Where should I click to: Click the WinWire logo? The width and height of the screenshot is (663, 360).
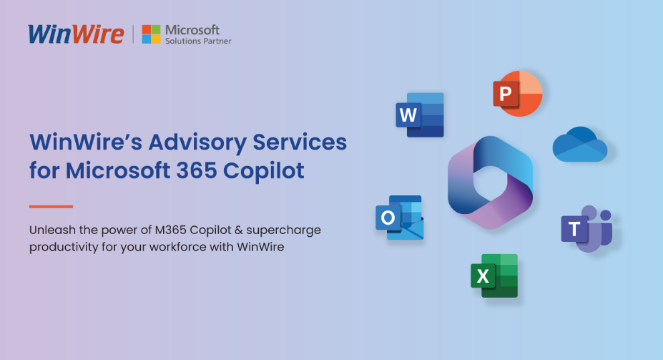pyautogui.click(x=76, y=34)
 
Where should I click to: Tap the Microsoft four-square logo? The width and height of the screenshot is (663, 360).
pyautogui.click(x=151, y=34)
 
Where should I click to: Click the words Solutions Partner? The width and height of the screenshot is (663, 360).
pyautogui.click(x=198, y=42)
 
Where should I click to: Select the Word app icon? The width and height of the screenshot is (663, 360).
pyautogui.click(x=420, y=115)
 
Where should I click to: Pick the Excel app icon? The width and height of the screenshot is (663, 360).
pyautogui.click(x=494, y=276)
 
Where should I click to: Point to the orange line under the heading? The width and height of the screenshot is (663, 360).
pyautogui.click(x=51, y=206)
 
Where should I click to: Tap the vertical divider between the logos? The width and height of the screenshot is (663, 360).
pyautogui.click(x=133, y=34)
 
